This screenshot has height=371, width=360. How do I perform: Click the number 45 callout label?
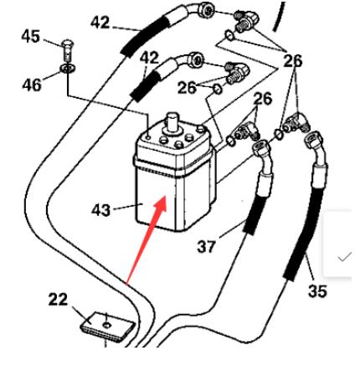(30, 36)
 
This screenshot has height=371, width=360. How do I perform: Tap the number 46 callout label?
(31, 84)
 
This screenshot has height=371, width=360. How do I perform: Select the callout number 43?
(100, 209)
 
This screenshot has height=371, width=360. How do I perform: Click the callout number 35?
(316, 291)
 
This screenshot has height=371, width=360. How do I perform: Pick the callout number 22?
(58, 299)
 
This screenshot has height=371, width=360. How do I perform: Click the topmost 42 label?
(100, 22)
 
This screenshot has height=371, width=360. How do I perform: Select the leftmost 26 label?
(187, 86)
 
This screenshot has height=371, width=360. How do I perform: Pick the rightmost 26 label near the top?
(293, 60)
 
